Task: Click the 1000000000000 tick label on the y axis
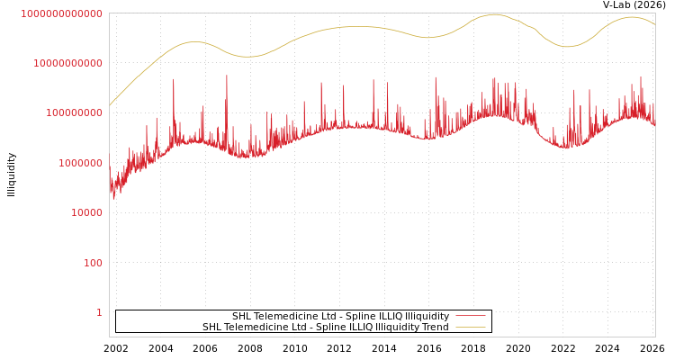click(61, 13)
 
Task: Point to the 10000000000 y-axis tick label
click(67, 63)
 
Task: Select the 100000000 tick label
click(74, 113)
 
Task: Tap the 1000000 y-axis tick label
click(80, 163)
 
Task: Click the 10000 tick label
click(86, 213)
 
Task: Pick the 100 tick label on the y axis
click(93, 263)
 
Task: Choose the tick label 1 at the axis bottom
click(99, 312)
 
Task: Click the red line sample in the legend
click(471, 316)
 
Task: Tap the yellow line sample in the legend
click(471, 327)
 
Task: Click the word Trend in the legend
click(434, 327)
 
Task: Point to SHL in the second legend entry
click(212, 327)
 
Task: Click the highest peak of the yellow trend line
click(494, 14)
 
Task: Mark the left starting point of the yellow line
click(110, 105)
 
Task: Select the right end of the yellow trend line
click(654, 24)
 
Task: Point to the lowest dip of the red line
click(113, 198)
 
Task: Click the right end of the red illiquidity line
click(654, 126)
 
